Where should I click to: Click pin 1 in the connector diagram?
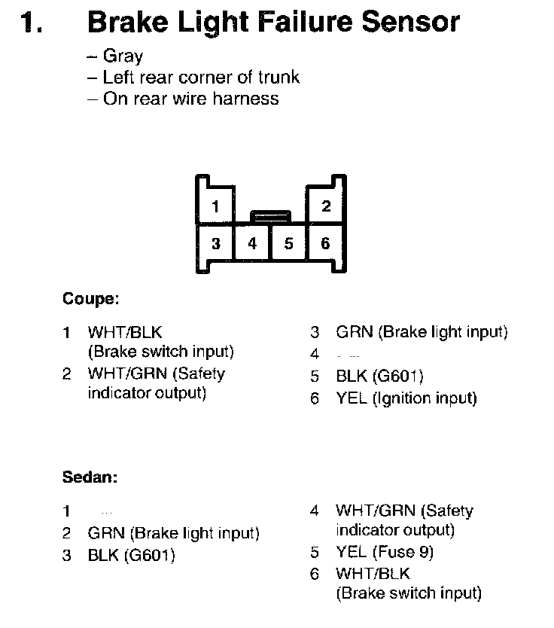216,206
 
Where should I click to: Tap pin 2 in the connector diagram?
326,206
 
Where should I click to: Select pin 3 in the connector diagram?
216,243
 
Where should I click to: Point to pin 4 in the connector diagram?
253,243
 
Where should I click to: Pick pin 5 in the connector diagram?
288,243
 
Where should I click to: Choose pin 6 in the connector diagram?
325,243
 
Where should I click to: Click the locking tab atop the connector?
271,216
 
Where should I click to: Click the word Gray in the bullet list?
123,56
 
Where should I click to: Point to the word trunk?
276,77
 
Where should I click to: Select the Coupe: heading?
90,299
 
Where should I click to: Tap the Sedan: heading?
90,477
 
